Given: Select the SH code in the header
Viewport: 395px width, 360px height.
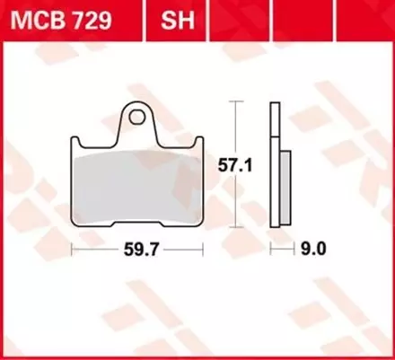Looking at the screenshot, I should click(x=172, y=18).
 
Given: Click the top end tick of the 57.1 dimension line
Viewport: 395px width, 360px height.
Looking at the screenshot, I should click(x=237, y=103).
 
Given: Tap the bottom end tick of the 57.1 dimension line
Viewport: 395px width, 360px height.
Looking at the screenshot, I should click(x=237, y=228).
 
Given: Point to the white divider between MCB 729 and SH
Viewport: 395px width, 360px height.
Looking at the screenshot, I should click(x=145, y=18).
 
